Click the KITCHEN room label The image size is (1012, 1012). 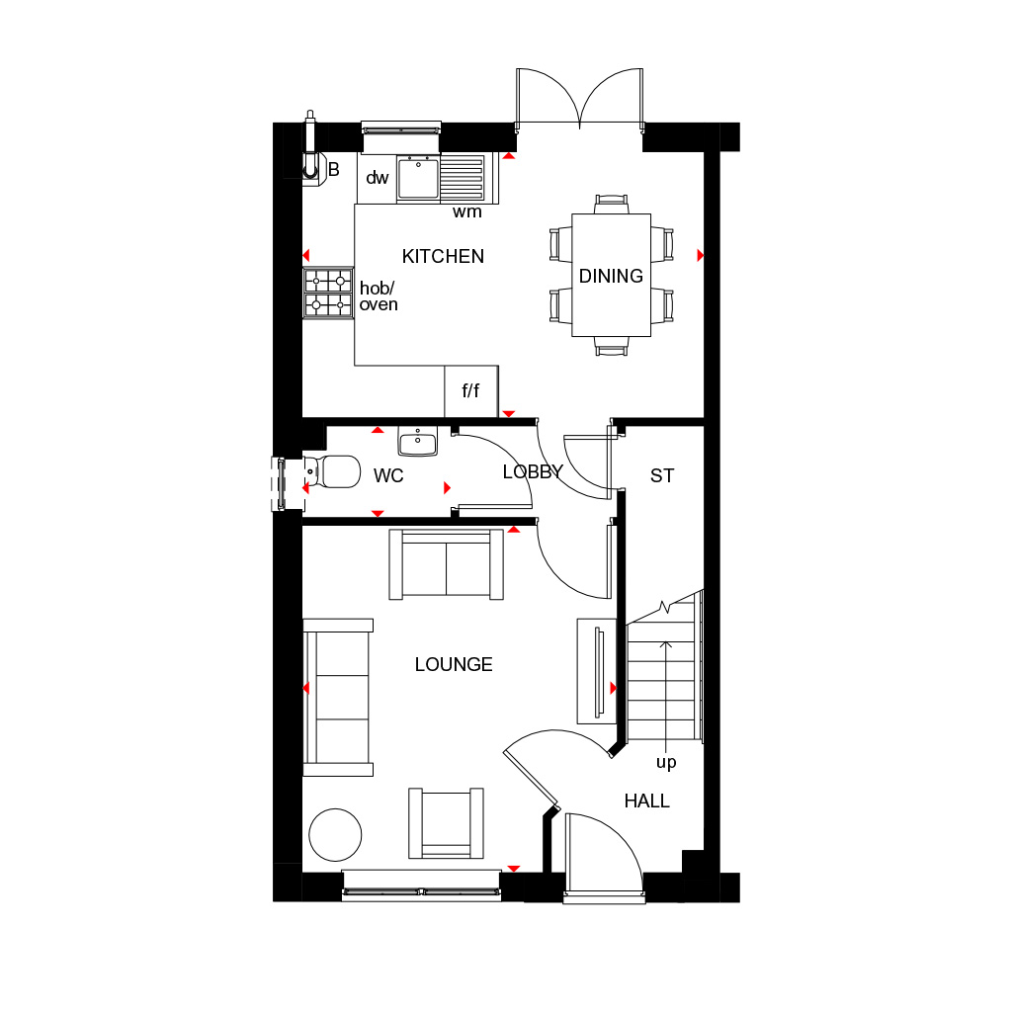[443, 256]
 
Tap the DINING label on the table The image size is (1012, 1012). [611, 277]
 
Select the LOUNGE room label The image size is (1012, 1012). [454, 664]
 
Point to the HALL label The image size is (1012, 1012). [646, 801]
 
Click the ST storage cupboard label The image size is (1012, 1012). [662, 475]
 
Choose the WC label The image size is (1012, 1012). [388, 475]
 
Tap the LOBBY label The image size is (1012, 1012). [533, 471]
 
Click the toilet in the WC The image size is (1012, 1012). [332, 471]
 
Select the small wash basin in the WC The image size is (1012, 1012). [418, 441]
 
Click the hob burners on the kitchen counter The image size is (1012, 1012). [328, 293]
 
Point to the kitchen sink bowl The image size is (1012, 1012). [418, 178]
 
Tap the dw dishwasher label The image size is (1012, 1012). [377, 178]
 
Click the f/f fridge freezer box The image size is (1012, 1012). [471, 391]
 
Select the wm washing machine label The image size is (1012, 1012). [466, 211]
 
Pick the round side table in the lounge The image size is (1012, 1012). [335, 834]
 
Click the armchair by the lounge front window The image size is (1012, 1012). [446, 823]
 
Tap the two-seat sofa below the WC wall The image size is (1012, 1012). [446, 564]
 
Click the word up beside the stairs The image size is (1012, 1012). [666, 763]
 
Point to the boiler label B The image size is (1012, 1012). [334, 169]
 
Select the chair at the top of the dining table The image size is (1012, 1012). [611, 204]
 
